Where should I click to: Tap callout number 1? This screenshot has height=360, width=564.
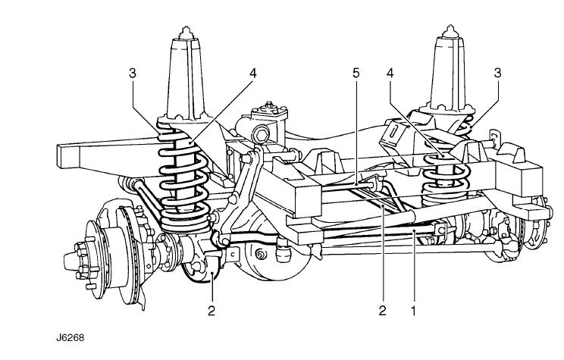point(415,309)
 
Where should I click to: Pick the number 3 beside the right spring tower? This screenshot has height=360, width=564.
point(497,74)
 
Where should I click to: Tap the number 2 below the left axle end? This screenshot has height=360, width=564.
point(212,309)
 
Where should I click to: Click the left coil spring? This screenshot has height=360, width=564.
point(180,178)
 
